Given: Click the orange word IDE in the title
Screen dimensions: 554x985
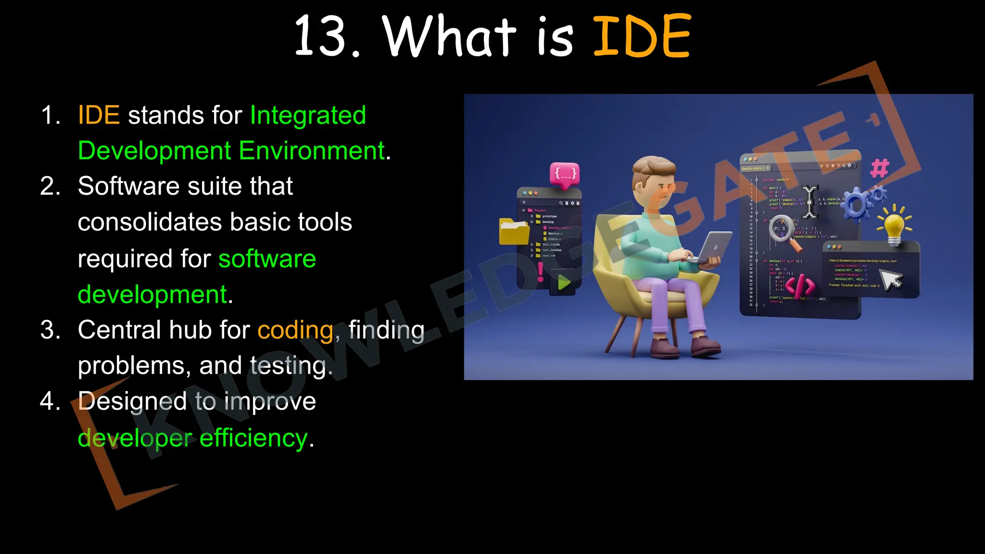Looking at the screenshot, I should [642, 36].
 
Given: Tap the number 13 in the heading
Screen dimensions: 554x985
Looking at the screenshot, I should [321, 36].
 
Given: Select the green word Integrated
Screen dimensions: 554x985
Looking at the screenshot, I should [308, 115].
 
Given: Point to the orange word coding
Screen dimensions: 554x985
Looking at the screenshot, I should [295, 330].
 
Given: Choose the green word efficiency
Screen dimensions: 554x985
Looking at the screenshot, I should [253, 438].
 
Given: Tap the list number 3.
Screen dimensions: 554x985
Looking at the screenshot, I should [51, 330].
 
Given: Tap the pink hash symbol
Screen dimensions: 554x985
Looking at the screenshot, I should [880, 168].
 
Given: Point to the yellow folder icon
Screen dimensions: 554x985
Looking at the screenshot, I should [514, 231].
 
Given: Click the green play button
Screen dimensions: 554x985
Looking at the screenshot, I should [564, 282].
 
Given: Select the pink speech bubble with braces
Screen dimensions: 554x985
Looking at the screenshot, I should [565, 173].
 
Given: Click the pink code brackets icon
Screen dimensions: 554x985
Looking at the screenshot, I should [800, 286].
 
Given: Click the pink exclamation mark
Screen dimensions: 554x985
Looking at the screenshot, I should [541, 272].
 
